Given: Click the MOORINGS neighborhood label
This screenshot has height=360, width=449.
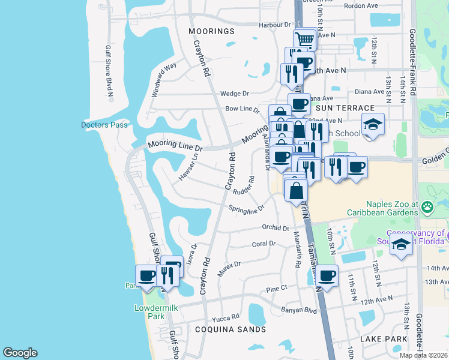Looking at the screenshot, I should [211, 31].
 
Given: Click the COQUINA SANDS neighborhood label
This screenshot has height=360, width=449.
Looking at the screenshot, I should [230, 329].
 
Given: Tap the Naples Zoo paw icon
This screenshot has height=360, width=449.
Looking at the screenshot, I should [427, 208].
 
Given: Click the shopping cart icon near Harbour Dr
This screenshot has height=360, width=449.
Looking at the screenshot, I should [306, 40].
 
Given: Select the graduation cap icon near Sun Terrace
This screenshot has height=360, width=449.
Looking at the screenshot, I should [373, 125].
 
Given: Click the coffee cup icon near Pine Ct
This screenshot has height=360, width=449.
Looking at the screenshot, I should [327, 276].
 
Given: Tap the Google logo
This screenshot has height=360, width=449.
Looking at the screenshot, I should [20, 353].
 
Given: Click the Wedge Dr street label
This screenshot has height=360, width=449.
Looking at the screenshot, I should [234, 94].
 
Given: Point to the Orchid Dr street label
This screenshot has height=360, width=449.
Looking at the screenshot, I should [276, 227].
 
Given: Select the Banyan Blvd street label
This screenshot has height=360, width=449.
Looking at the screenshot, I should [298, 310].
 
